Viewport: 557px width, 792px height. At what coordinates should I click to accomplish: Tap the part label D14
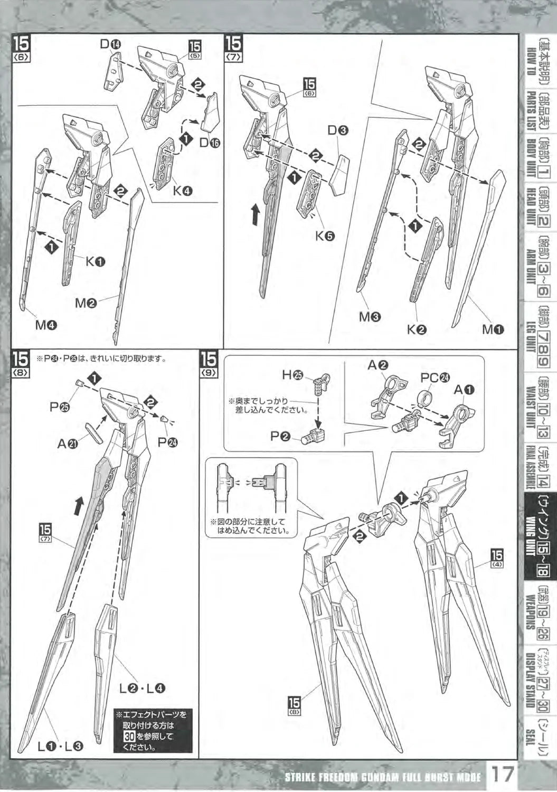[111, 45]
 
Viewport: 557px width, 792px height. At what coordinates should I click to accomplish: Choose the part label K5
[325, 236]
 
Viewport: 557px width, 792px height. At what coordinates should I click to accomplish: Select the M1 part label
[493, 329]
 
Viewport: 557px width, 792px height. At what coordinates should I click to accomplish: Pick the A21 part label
[68, 444]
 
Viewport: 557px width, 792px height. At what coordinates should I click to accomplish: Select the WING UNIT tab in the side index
[537, 534]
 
